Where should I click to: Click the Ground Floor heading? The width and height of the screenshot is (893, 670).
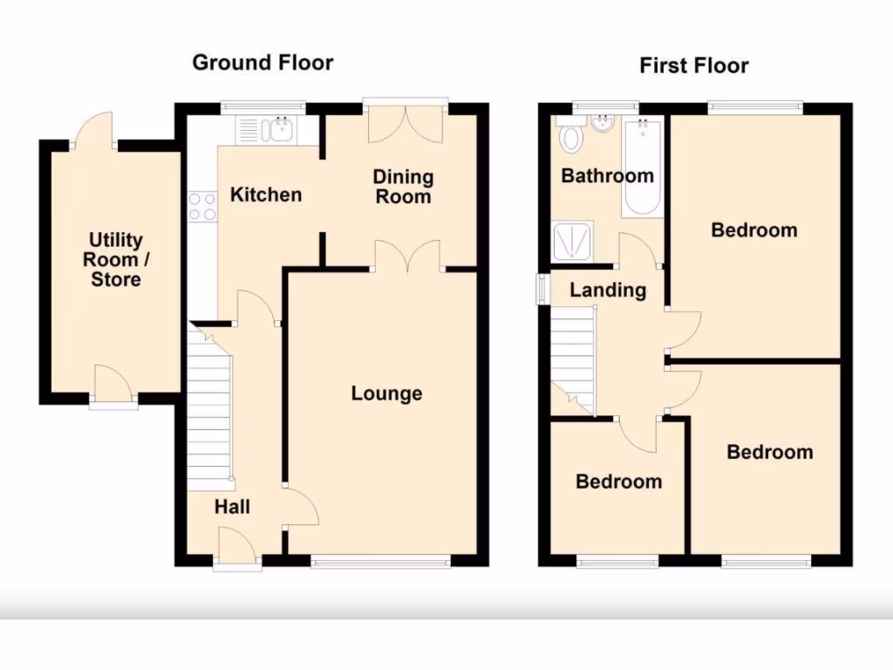pyautogui.click(x=262, y=63)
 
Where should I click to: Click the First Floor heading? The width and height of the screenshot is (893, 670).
pyautogui.click(x=693, y=65)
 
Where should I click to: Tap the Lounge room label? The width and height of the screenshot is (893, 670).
pyautogui.click(x=386, y=393)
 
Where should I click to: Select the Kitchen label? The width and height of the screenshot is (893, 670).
pyautogui.click(x=265, y=195)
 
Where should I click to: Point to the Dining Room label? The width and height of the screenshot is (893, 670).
pyautogui.click(x=403, y=187)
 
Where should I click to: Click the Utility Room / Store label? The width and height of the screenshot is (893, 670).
pyautogui.click(x=115, y=259)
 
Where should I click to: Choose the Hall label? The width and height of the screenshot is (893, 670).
pyautogui.click(x=233, y=507)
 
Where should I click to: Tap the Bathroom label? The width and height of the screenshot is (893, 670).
pyautogui.click(x=607, y=175)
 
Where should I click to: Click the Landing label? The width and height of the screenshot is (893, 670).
pyautogui.click(x=608, y=291)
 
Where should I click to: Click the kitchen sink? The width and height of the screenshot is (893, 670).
pyautogui.click(x=282, y=131)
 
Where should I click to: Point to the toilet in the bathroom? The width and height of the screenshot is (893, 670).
pyautogui.click(x=573, y=137)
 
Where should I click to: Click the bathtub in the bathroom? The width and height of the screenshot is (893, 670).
pyautogui.click(x=643, y=167)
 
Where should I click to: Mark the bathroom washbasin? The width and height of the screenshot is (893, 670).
pyautogui.click(x=603, y=125)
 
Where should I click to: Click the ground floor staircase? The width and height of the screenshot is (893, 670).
pyautogui.click(x=209, y=410)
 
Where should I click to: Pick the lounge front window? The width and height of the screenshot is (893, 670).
pyautogui.click(x=381, y=561)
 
